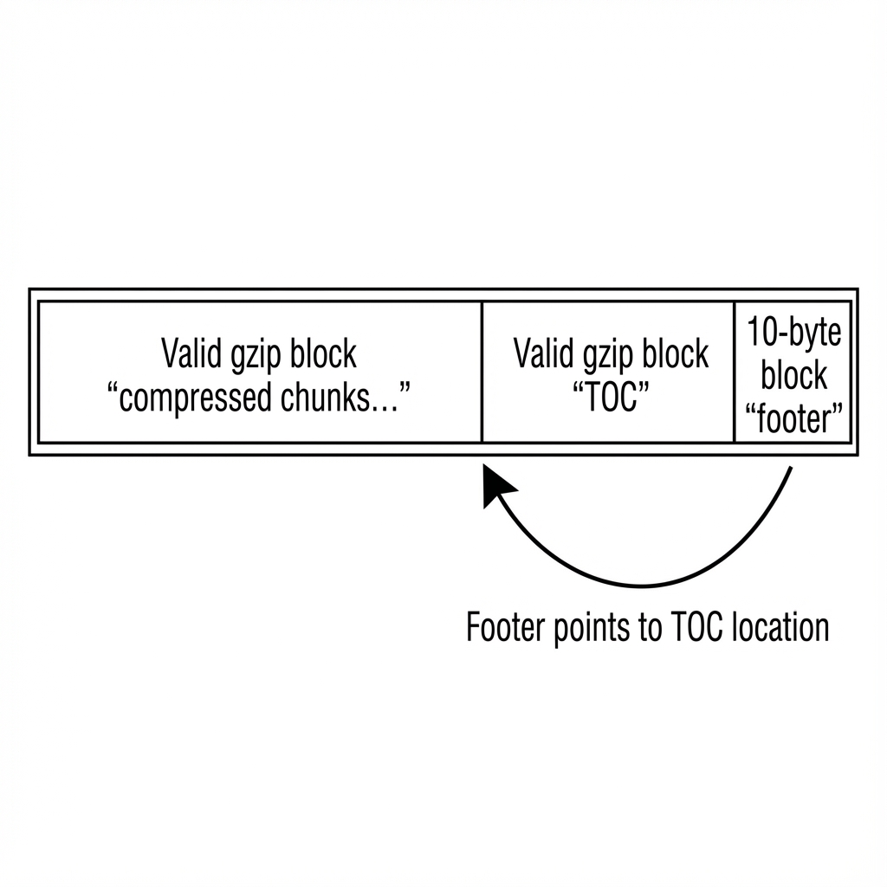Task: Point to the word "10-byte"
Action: pos(794,333)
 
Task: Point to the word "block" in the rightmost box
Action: pos(794,376)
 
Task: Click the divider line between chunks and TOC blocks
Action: pos(482,372)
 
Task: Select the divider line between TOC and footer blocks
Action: pos(735,372)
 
